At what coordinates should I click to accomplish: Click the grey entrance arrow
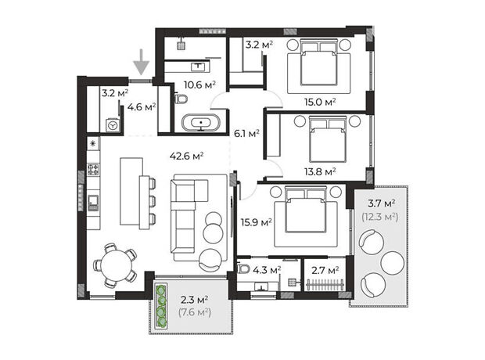pos(142,62)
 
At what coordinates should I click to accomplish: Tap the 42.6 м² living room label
pos(186,156)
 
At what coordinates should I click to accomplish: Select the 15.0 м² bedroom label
pos(320,102)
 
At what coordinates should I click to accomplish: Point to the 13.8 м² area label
pos(320,171)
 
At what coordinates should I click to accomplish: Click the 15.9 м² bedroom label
pos(257,222)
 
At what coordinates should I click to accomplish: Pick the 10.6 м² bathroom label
pos(199,85)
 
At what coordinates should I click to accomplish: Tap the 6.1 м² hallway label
pos(246,133)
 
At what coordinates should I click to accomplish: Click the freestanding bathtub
pos(201,123)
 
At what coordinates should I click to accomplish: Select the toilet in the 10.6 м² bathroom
pos(181,99)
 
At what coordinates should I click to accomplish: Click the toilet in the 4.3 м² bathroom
pos(244,268)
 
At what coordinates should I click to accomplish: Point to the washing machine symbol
pos(113,125)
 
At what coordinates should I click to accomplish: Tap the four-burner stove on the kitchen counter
pos(93,169)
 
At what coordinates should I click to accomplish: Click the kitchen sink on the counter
pos(93,203)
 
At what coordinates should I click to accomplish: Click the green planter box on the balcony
pos(161,306)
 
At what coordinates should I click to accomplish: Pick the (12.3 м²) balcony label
pos(380,217)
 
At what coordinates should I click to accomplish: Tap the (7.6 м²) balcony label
pos(195,311)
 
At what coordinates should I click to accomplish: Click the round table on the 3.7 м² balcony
pos(392,263)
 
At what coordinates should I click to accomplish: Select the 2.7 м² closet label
pos(325,271)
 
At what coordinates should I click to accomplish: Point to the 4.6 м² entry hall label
pos(142,107)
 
